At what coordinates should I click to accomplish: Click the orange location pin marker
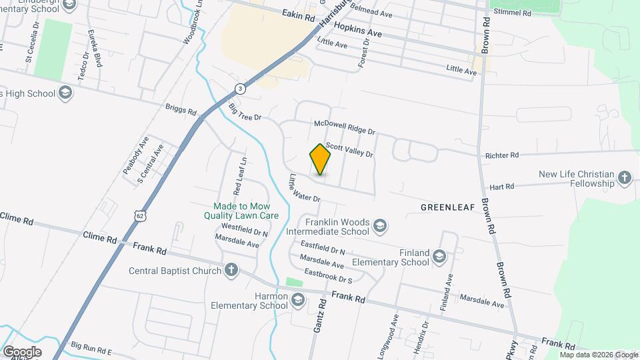tap(321, 159)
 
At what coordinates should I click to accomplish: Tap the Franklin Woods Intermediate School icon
tap(380, 227)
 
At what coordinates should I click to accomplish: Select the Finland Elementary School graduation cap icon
tap(439, 257)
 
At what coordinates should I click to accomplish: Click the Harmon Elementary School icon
tap(297, 301)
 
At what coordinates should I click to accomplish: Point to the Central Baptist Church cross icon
tap(231, 271)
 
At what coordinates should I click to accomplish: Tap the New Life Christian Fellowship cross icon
tap(624, 178)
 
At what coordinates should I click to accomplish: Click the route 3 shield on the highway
tap(240, 89)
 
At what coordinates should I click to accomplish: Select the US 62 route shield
tap(139, 216)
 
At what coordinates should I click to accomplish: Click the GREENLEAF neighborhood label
tap(447, 207)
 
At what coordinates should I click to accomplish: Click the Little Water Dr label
tap(304, 189)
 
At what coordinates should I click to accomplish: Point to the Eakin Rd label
tap(297, 15)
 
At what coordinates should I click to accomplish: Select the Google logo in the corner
tap(22, 351)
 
